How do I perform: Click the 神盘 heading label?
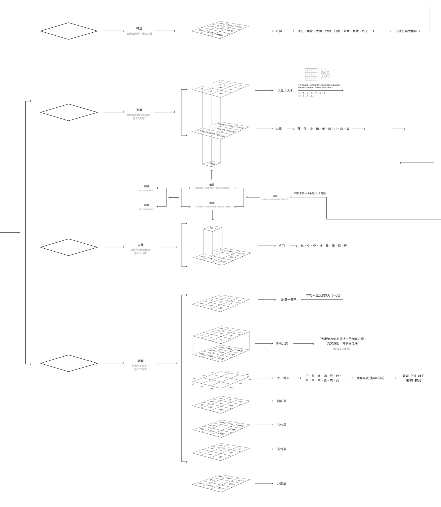pyautogui.click(x=139, y=29)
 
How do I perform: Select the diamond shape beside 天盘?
pyautogui.click(x=69, y=112)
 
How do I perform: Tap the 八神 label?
pyautogui.click(x=279, y=31)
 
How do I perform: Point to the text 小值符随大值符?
pyautogui.click(x=406, y=31)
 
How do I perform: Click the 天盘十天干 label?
pyautogui.click(x=285, y=91)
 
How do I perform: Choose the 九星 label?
pyautogui.click(x=279, y=129)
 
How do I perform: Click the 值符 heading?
pyautogui.click(x=212, y=185)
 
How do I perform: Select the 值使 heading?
pyautogui.click(x=212, y=203)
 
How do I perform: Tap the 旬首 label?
pyautogui.click(x=275, y=196)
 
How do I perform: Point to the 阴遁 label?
pyautogui.click(x=147, y=187)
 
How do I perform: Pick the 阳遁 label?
pyautogui.click(x=147, y=205)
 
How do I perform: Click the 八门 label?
pyautogui.click(x=282, y=246)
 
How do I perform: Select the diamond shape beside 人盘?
pyautogui.click(x=69, y=247)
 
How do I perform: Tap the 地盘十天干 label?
pyautogui.click(x=289, y=300)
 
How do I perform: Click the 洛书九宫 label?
pyautogui.click(x=282, y=344)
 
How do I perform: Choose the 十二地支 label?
pyautogui.click(x=283, y=378)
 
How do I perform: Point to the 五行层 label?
pyautogui.click(x=282, y=449)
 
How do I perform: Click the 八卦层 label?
pyautogui.click(x=282, y=483)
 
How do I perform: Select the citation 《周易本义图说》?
pyautogui.click(x=341, y=349)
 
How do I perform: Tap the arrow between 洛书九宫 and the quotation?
pyautogui.click(x=304, y=344)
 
